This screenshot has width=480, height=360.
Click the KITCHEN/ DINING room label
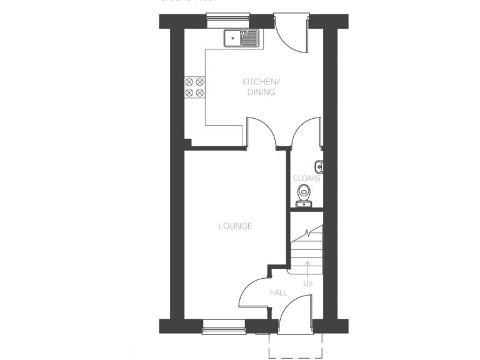(261, 87)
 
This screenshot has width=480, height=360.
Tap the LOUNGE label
(236, 226)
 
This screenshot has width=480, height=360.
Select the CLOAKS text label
(306, 178)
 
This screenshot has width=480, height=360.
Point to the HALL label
(278, 292)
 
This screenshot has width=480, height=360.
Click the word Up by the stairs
(307, 282)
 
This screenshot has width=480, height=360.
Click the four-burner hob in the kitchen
(194, 87)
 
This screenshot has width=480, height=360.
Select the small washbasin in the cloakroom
(319, 166)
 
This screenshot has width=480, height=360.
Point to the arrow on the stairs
(307, 269)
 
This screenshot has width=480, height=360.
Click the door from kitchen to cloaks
(307, 132)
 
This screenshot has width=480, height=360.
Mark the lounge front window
(224, 326)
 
